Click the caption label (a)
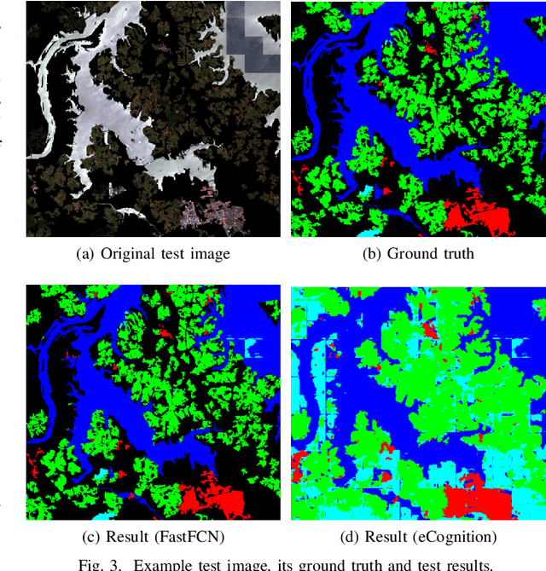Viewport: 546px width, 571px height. [x=85, y=253]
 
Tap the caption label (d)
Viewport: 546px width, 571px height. [x=346, y=537]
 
